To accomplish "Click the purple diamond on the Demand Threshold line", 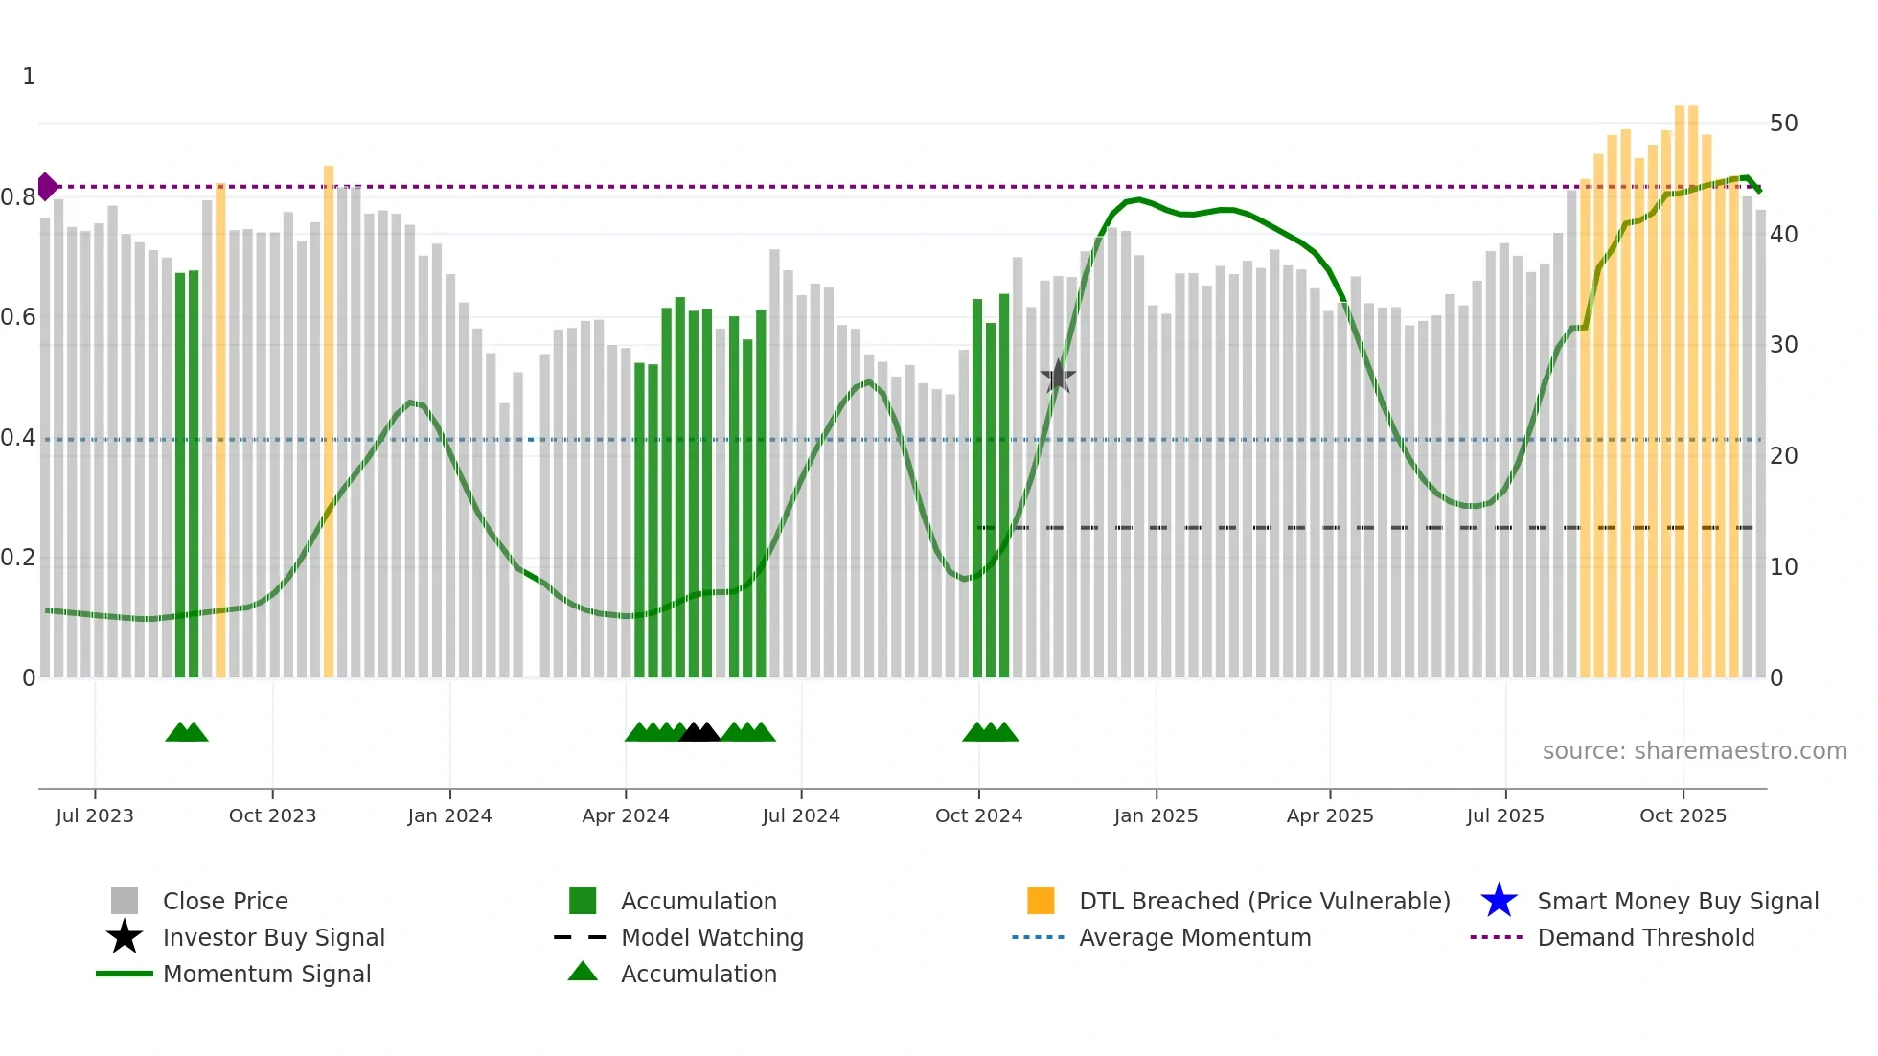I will click(x=47, y=187).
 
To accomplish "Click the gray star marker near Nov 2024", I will click(x=1058, y=377).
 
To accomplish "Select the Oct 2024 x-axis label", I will click(x=978, y=815).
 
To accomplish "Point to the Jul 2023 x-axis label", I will click(x=95, y=815).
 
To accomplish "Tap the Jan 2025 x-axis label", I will click(x=1156, y=815).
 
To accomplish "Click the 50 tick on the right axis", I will click(x=1783, y=124).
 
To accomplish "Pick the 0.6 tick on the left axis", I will click(x=19, y=317).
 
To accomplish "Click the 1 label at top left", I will click(x=29, y=77).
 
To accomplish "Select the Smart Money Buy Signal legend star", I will click(x=1499, y=901).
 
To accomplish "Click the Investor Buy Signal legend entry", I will click(x=273, y=937).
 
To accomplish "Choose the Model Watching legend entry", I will click(x=712, y=937).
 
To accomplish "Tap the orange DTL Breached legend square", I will click(x=1041, y=901).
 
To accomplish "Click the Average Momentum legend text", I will click(x=1195, y=937).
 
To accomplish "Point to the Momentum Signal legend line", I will click(x=125, y=974).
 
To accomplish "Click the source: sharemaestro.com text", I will click(x=1694, y=751).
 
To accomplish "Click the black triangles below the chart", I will click(x=699, y=733).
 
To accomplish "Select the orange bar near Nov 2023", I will click(x=329, y=422).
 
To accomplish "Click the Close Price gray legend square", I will click(x=125, y=901).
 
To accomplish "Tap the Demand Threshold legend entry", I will click(x=1645, y=937).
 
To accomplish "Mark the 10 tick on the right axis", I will click(x=1783, y=567).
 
